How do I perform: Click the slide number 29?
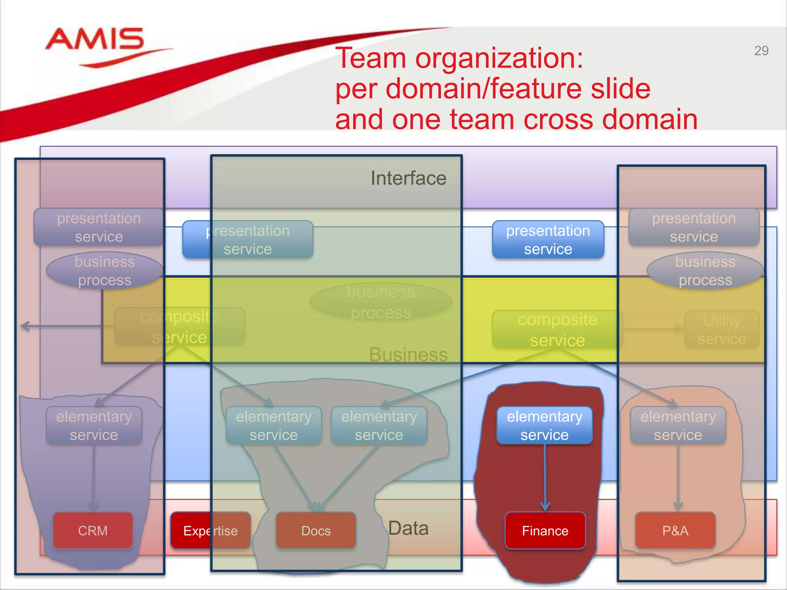coord(761,51)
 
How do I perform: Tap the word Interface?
coord(408,178)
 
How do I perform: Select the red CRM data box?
coord(93,530)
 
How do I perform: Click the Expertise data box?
coord(210,530)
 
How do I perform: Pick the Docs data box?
coord(316,530)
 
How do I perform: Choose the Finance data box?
coord(545,530)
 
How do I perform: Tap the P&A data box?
coord(675,530)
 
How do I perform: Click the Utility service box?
coord(721,330)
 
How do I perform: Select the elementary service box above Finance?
coord(545,426)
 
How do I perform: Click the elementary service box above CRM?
coord(94,426)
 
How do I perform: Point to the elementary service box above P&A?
coord(678,426)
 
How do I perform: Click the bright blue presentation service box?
coord(548,240)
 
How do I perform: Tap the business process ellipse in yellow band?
coord(381,302)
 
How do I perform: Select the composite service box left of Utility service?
coord(557,330)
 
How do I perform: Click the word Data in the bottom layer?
coord(408,528)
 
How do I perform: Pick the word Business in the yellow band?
coord(408,354)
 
